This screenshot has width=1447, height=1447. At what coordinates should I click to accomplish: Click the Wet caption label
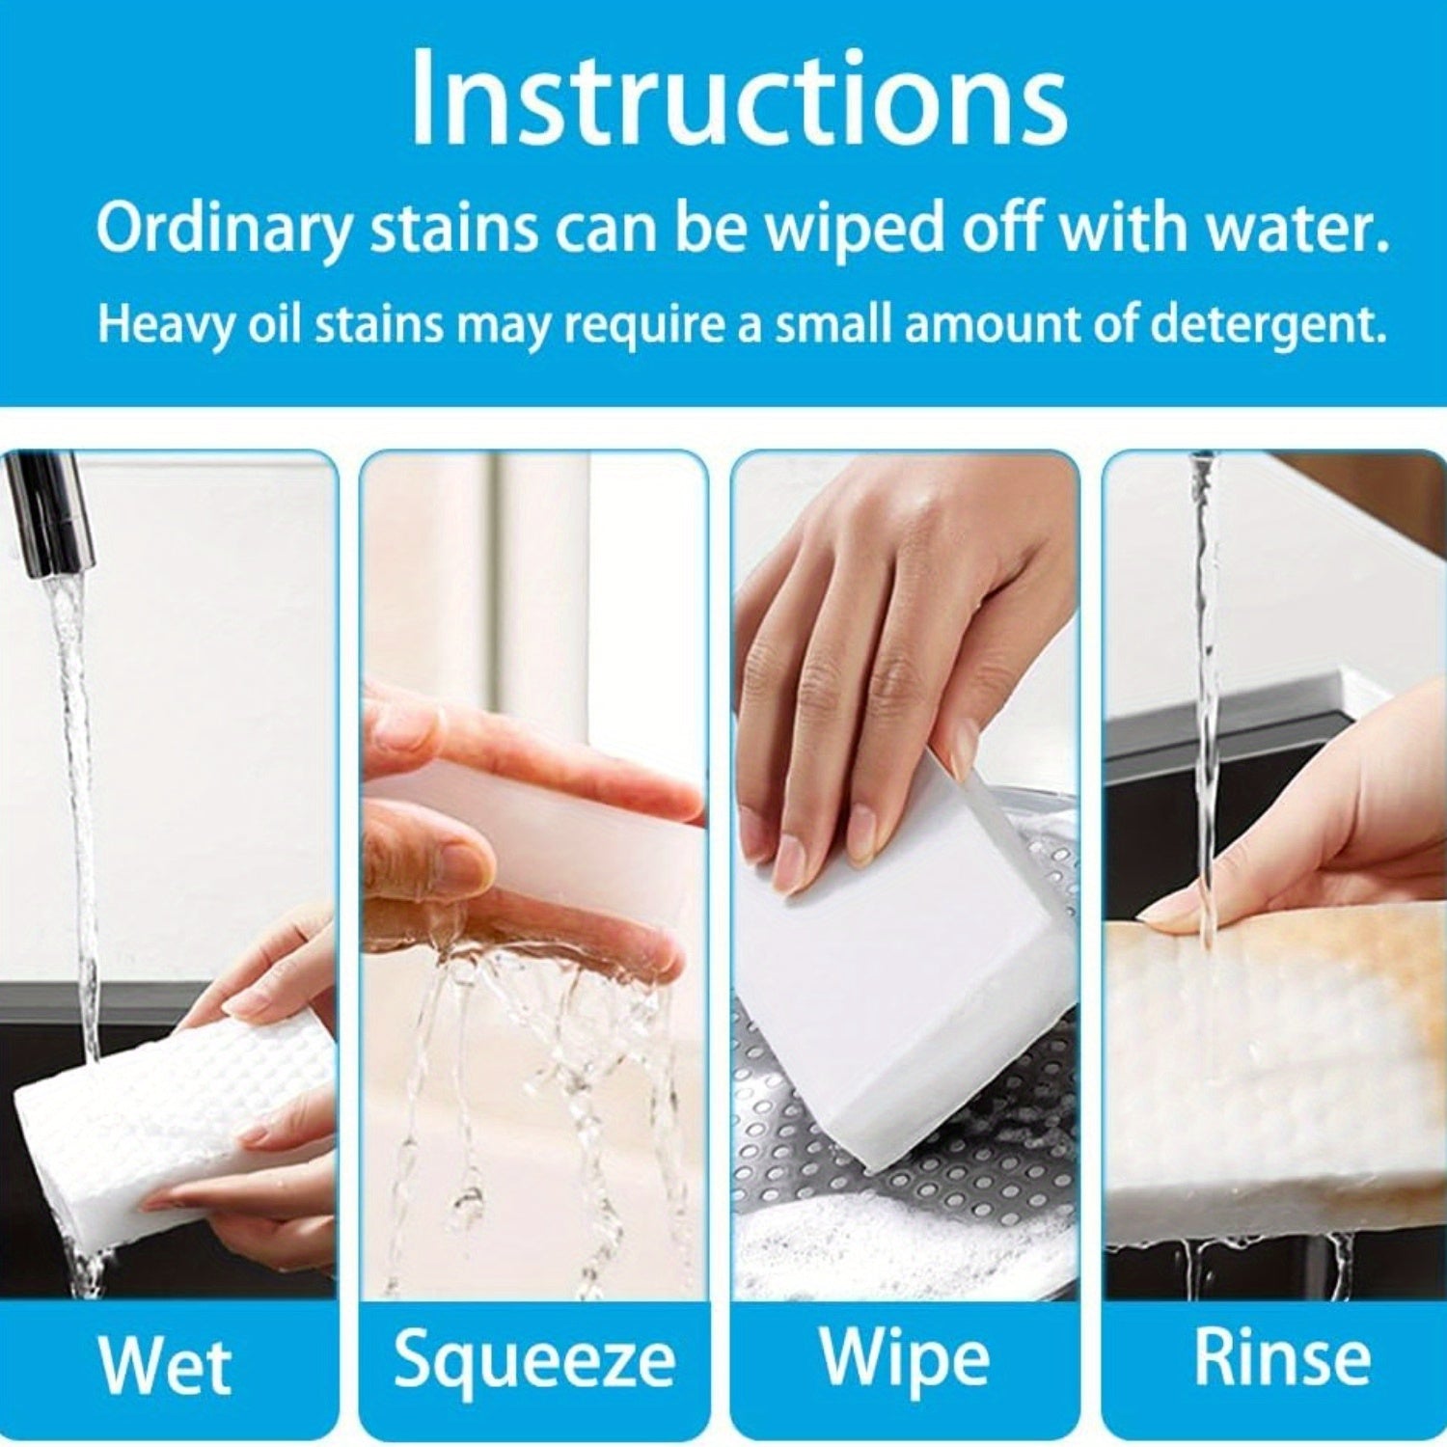[x=165, y=1365]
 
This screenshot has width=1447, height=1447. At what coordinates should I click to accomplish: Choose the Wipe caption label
[x=904, y=1357]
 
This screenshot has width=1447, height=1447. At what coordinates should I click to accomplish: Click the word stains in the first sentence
[x=453, y=230]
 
